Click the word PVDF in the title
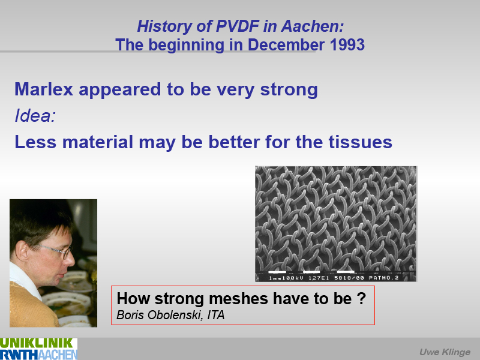238,26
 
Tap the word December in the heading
286,44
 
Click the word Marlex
44,89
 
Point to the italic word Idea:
35,116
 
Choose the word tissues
361,142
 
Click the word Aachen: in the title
313,26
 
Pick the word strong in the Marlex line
289,91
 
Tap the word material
98,142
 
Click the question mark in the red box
361,298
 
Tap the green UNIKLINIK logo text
37,343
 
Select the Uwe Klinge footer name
445,352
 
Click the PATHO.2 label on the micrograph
383,278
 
